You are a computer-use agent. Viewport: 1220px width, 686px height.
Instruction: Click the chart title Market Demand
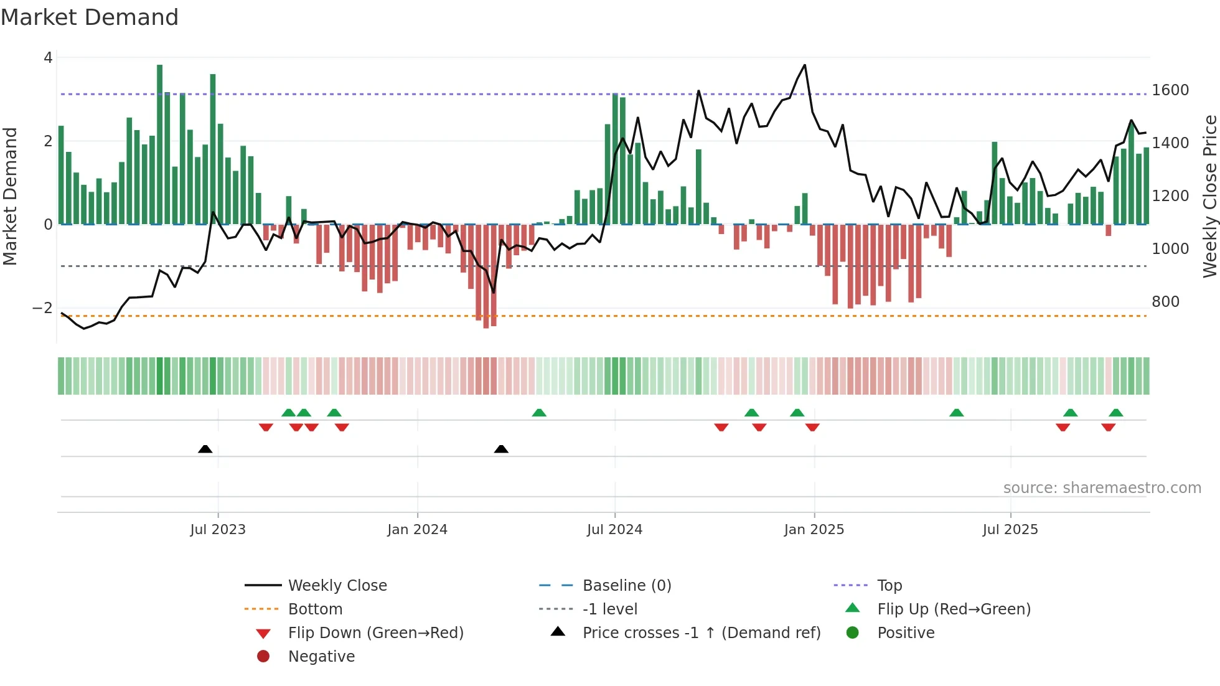point(90,17)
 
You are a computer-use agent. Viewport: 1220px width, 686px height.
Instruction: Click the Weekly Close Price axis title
point(1209,196)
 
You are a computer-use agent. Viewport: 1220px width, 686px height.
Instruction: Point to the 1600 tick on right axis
point(1170,90)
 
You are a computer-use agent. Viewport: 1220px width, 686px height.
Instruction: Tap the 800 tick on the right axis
point(1165,302)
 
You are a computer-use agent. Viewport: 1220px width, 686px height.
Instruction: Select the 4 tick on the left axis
point(48,58)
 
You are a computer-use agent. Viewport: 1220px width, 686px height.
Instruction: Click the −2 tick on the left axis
point(42,308)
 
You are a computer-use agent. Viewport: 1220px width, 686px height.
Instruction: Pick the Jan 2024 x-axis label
point(417,530)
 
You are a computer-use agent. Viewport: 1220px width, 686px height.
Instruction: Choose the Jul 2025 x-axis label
point(1010,530)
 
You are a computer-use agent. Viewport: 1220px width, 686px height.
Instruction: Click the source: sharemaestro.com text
point(1102,488)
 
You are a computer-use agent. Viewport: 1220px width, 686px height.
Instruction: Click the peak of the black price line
point(805,65)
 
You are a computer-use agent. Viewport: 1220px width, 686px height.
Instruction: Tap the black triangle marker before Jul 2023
point(205,449)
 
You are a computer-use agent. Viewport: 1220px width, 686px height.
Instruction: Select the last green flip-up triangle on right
point(1116,413)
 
